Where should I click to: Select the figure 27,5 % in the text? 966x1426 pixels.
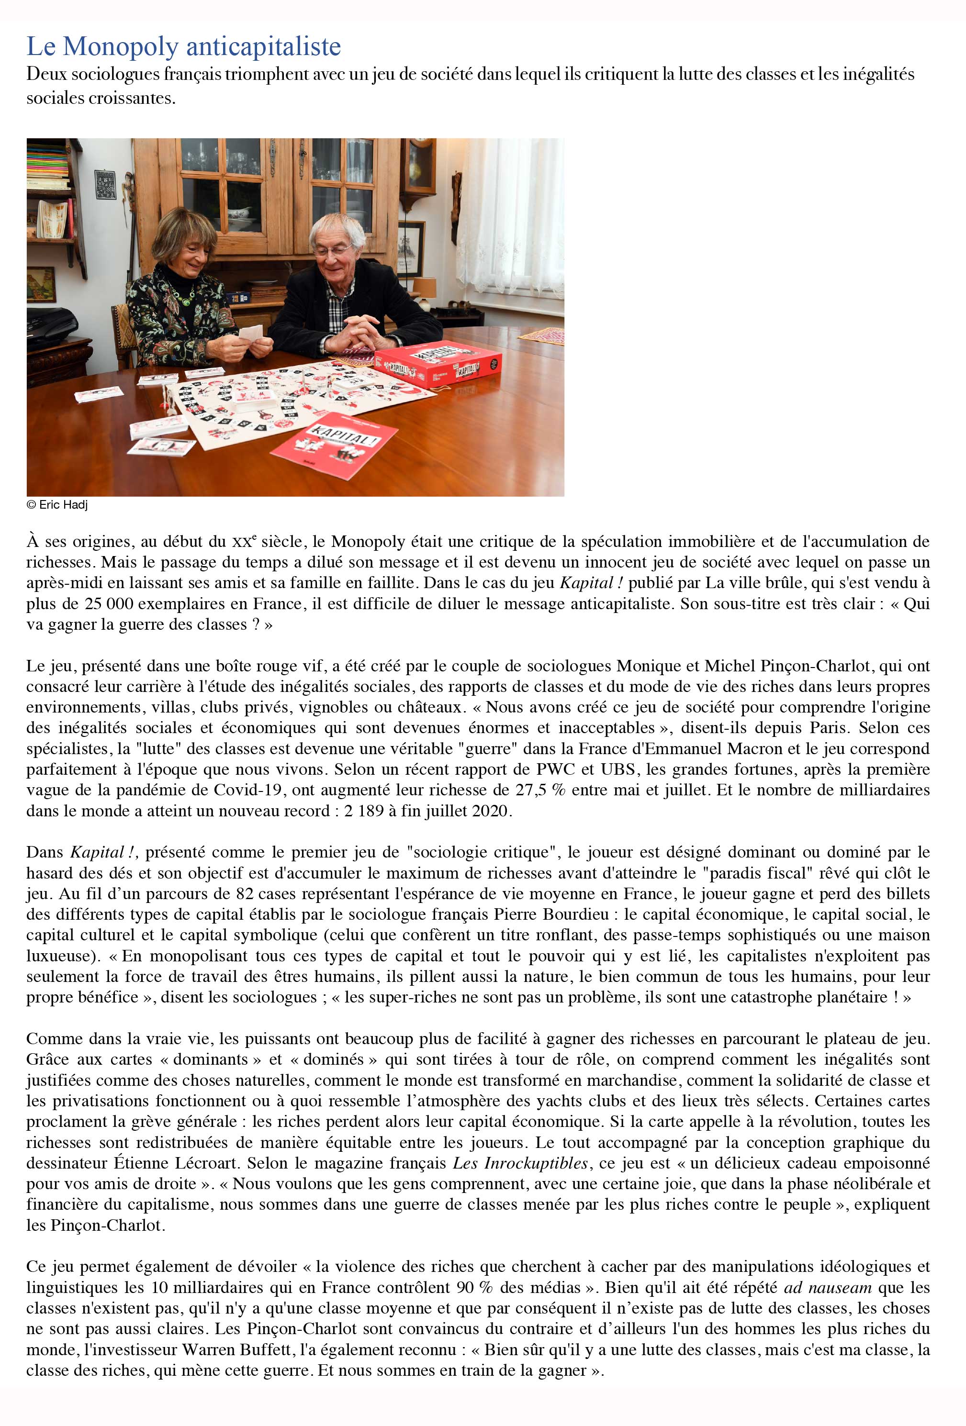tap(540, 790)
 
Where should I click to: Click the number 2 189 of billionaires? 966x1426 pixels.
tap(366, 811)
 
